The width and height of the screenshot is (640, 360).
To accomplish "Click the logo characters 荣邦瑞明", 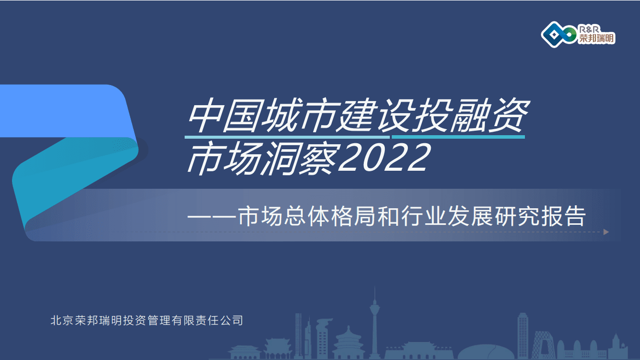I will [x=596, y=39].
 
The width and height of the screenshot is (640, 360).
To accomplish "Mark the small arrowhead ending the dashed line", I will [x=606, y=232].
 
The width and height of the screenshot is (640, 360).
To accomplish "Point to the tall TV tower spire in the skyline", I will [x=373, y=315].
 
